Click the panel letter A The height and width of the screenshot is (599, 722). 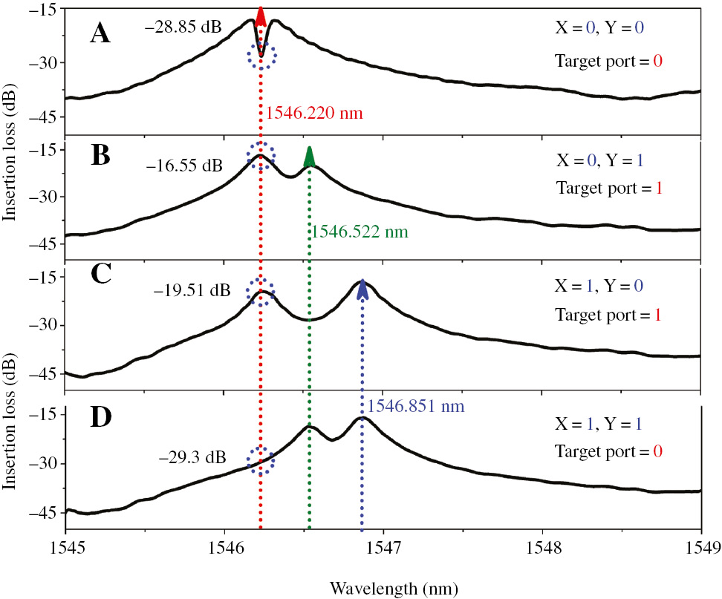(x=100, y=33)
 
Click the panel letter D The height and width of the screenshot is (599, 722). (x=101, y=416)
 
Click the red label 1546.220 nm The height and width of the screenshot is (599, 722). (x=314, y=114)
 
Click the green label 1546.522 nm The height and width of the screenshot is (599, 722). (x=360, y=232)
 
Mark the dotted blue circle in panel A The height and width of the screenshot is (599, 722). (x=261, y=56)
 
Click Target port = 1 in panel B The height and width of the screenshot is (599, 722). (x=608, y=187)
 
